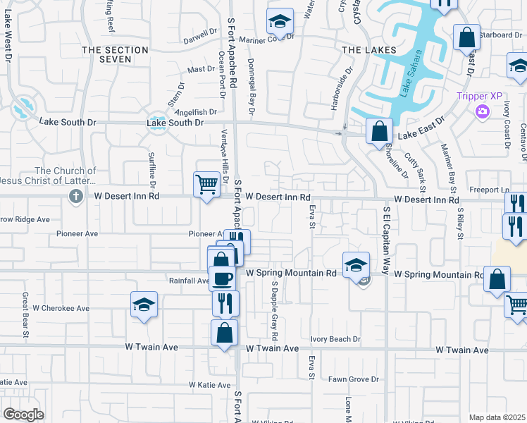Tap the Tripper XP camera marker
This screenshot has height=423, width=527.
pos(483,111)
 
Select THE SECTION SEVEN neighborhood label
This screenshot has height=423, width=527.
pos(116,55)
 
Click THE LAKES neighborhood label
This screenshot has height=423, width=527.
pos(364,50)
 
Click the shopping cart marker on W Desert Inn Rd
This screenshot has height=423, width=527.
pos(206,185)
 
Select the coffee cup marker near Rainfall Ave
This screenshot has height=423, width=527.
pos(223,278)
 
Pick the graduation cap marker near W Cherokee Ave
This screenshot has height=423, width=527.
pos(144,305)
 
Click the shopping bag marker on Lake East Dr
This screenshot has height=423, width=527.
pos(379,130)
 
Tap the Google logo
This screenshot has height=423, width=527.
pos(23,415)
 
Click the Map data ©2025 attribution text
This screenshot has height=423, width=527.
pos(497,417)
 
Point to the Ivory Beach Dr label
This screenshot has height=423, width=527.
pos(335,339)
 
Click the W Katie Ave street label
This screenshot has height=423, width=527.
pos(209,385)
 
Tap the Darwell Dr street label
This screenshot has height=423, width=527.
pos(201,32)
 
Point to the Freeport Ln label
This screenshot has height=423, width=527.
pos(490,190)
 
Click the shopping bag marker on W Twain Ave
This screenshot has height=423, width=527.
pos(224,332)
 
